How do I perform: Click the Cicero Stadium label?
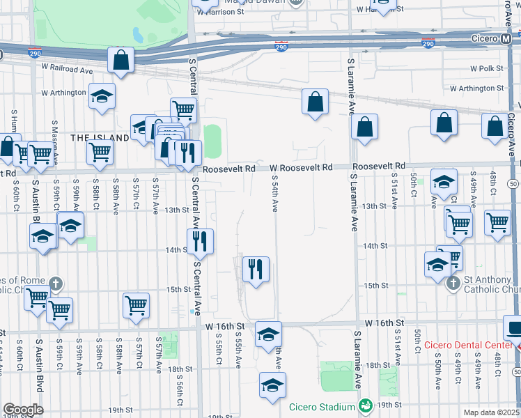tap(327, 405)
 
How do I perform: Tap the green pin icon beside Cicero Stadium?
tap(364, 405)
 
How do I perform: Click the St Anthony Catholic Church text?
tap(491, 284)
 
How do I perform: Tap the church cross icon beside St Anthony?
tap(453, 283)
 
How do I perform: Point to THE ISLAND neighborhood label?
tap(100, 138)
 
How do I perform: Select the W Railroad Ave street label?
tap(67, 70)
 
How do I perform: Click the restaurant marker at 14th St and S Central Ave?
tap(200, 241)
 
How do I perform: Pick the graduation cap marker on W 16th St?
tap(268, 335)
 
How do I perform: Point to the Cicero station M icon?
tap(506, 38)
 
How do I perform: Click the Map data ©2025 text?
tap(490, 412)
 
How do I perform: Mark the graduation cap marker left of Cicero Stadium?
tap(272, 385)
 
